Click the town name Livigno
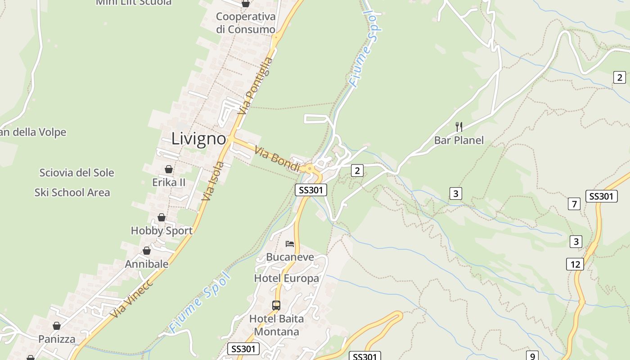tap(198, 139)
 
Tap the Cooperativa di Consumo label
tap(245, 23)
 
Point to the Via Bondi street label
tap(277, 158)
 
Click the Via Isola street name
tap(213, 181)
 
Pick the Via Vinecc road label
tap(131, 298)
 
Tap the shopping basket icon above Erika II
tap(169, 169)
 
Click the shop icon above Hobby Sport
tap(161, 217)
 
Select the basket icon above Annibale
tap(147, 251)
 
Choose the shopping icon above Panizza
tap(57, 326)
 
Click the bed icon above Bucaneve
tap(290, 244)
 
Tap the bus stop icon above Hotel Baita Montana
tap(276, 306)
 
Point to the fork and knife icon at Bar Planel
tap(459, 127)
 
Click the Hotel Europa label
tap(286, 278)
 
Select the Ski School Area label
tap(72, 193)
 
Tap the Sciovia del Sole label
tap(76, 173)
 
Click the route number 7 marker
tap(574, 204)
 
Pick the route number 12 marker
tap(575, 264)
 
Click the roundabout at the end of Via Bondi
tap(310, 169)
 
